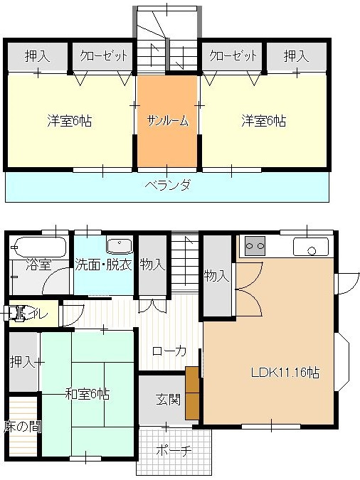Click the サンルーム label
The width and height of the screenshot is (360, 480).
pyautogui.click(x=167, y=120)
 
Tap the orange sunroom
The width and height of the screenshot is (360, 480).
pyautogui.click(x=167, y=142)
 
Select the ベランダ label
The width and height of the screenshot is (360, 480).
pyautogui.click(x=167, y=186)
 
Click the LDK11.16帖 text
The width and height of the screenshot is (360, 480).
pyautogui.click(x=284, y=373)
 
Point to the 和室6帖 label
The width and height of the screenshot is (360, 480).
pyautogui.click(x=88, y=393)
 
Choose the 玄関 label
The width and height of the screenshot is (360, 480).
pyautogui.click(x=168, y=398)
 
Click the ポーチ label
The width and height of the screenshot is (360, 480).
pyautogui.click(x=174, y=449)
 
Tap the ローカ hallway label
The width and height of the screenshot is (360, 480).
pyautogui.click(x=169, y=351)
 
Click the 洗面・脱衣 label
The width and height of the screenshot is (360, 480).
pyautogui.click(x=104, y=265)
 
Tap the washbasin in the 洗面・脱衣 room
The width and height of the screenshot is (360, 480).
pyautogui.click(x=120, y=245)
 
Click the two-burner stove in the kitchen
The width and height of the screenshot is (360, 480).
pyautogui.click(x=254, y=246)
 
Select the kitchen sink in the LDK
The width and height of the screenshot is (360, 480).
pyautogui.click(x=310, y=247)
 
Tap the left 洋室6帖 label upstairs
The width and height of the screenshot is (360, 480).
pyautogui.click(x=69, y=120)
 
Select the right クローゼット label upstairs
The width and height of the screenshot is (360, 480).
pyautogui.click(x=232, y=55)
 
